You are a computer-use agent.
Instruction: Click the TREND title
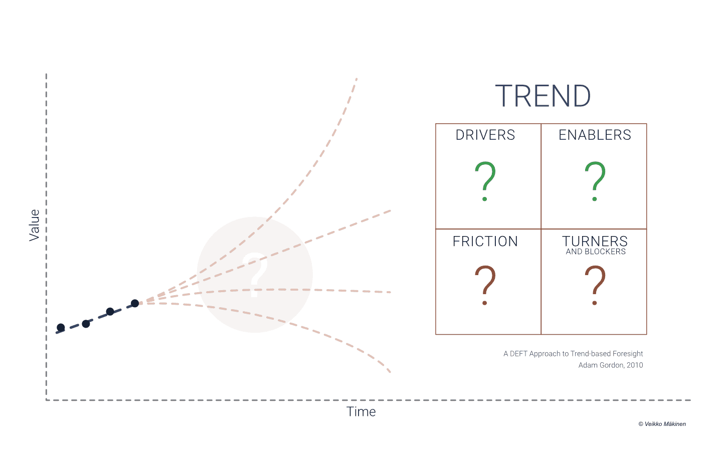click(543, 96)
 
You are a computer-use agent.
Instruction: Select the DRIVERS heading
click(485, 135)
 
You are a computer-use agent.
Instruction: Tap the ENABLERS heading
click(595, 135)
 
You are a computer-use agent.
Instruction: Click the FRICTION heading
click(485, 242)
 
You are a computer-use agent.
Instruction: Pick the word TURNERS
click(595, 242)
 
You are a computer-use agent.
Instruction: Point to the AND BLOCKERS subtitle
click(596, 252)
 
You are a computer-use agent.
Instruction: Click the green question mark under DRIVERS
click(485, 181)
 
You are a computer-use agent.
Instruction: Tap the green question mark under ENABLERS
click(595, 181)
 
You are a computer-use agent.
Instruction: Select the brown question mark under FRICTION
click(485, 285)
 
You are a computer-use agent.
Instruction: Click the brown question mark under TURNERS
click(595, 285)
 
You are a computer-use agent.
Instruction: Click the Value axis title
click(34, 225)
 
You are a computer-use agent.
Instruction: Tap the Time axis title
click(361, 412)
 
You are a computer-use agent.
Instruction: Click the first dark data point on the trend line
click(61, 328)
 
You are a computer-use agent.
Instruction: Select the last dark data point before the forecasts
click(135, 303)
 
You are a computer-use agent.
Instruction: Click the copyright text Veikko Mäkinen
click(662, 424)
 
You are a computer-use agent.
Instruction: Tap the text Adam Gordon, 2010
click(611, 365)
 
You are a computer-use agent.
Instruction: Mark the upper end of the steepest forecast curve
click(356, 79)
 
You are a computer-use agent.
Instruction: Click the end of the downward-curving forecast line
click(390, 372)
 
